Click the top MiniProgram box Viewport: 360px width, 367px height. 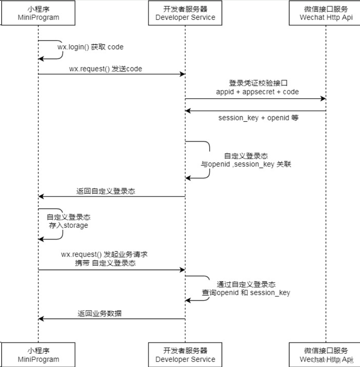pyautogui.click(x=38, y=13)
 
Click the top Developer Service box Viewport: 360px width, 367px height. pyautogui.click(x=185, y=13)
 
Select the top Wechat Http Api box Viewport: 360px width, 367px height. pyautogui.click(x=326, y=13)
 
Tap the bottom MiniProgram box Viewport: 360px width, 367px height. pyautogui.click(x=38, y=354)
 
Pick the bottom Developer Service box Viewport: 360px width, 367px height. pyautogui.click(x=185, y=354)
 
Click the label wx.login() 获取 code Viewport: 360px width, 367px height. pyautogui.click(x=90, y=47)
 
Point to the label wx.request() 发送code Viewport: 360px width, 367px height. pyautogui.click(x=106, y=69)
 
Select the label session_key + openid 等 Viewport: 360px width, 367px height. pyautogui.click(x=258, y=118)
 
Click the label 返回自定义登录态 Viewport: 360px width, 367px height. pyautogui.click(x=105, y=191)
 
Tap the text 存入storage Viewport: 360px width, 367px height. pyautogui.click(x=68, y=226)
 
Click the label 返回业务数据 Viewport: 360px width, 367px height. pyautogui.click(x=100, y=313)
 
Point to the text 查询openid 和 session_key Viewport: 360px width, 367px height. pyautogui.click(x=246, y=293)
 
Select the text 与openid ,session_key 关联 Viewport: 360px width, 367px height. pyautogui.click(x=246, y=164)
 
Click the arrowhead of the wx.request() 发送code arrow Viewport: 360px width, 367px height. pyautogui.click(x=183, y=74)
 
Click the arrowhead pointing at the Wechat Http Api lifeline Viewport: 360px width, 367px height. pyautogui.click(x=323, y=99)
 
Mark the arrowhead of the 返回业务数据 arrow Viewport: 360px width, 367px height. pyautogui.click(x=41, y=319)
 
